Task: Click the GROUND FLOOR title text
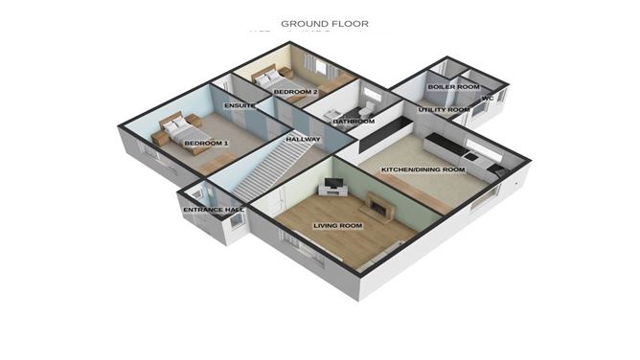[x=324, y=22]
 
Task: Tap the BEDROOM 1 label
[x=206, y=143]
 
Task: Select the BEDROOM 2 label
[x=295, y=92]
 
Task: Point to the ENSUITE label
[x=239, y=104]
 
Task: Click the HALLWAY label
[x=303, y=140]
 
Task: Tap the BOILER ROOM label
[x=453, y=87]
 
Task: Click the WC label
[x=487, y=99]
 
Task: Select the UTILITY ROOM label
[x=446, y=110]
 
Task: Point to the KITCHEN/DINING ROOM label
[x=423, y=169]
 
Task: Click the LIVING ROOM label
[x=337, y=226]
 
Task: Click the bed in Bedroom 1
[x=177, y=131]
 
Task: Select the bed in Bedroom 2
[x=271, y=77]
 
